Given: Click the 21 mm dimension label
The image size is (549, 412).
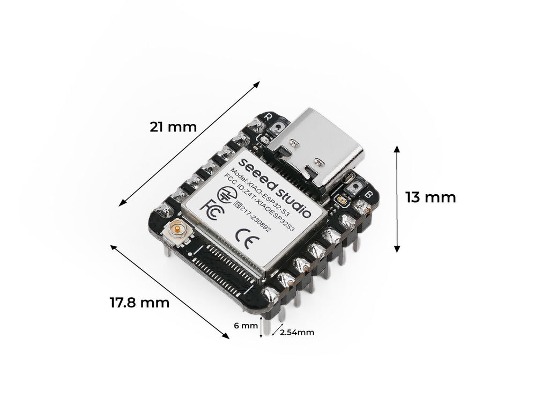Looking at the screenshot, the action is [173, 127].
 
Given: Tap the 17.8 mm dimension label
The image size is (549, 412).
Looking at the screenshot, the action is [139, 303].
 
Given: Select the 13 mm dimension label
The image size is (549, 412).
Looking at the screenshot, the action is [431, 197].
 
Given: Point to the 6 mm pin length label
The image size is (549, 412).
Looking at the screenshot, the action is [246, 326].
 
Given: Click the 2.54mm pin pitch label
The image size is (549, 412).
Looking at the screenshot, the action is [297, 332].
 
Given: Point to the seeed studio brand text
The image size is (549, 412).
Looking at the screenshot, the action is [274, 187].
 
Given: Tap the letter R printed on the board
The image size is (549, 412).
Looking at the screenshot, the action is [268, 116].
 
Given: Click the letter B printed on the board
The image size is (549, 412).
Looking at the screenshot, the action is [368, 194].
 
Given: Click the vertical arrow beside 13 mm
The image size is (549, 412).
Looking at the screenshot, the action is [397, 199].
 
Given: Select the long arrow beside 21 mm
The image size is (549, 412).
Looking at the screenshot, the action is [189, 144].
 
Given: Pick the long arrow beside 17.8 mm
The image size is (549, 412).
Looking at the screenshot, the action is [170, 292].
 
